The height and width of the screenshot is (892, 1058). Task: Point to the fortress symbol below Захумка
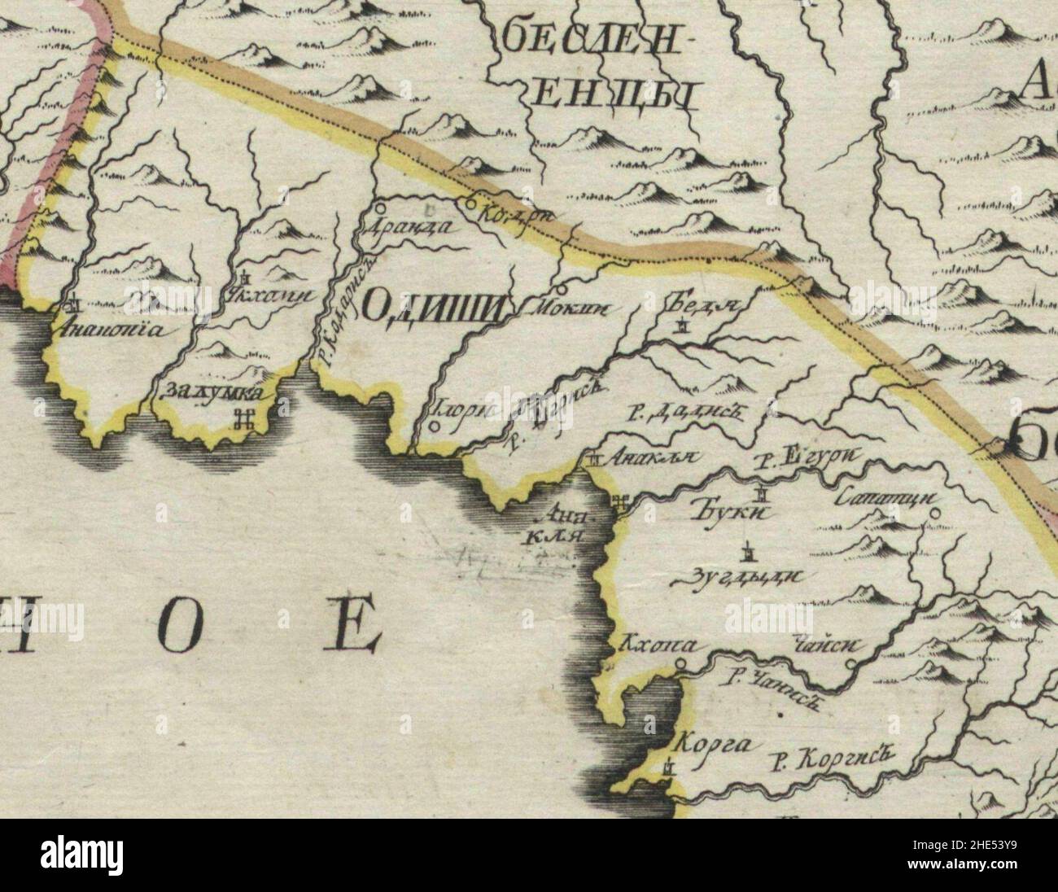[242, 420]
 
